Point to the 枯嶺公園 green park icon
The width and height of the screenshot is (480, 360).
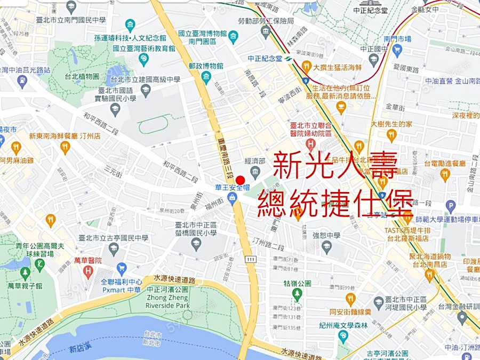[x=298, y=293]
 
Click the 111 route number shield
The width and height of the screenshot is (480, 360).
[x=251, y=259]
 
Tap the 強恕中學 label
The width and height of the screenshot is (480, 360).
[x=326, y=235]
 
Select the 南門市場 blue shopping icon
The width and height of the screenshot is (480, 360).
[x=397, y=51]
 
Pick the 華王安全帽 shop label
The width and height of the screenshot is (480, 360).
[x=233, y=188]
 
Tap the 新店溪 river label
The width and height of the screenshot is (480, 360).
[x=80, y=349]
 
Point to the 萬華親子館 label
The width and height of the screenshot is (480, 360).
[x=25, y=286]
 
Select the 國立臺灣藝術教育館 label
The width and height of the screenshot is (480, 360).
[x=144, y=47]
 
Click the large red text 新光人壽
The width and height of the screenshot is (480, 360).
[x=334, y=166]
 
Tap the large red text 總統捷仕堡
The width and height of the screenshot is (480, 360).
[x=335, y=203]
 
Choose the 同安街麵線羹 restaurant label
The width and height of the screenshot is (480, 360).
[x=350, y=311]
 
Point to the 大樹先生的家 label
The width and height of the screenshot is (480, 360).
[x=391, y=124]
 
